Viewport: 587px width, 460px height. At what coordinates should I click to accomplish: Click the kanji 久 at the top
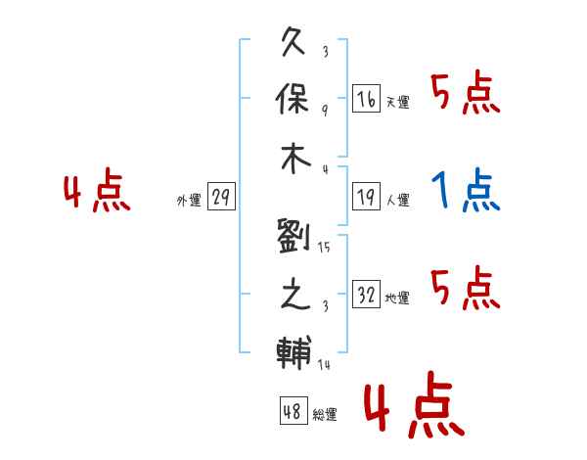click(x=293, y=41)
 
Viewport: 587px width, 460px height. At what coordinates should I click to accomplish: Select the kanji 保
click(x=293, y=99)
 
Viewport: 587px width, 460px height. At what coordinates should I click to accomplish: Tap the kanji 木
click(x=295, y=159)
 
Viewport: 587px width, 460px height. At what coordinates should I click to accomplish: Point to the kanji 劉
click(x=293, y=236)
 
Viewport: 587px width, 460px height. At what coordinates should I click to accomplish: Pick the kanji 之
click(x=295, y=294)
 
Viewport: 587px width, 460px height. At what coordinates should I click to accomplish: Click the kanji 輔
click(x=293, y=352)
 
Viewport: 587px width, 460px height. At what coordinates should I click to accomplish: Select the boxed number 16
click(x=366, y=99)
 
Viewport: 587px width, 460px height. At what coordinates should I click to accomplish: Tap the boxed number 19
click(x=366, y=197)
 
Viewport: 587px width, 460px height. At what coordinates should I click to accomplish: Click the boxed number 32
click(x=366, y=294)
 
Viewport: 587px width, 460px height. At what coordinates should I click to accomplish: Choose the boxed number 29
click(x=221, y=197)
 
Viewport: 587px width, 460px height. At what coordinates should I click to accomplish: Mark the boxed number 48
click(x=293, y=411)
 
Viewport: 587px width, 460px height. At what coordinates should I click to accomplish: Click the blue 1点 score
click(x=466, y=190)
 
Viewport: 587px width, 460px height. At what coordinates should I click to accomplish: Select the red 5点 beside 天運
click(x=466, y=92)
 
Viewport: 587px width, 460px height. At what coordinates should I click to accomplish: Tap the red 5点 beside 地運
click(x=466, y=288)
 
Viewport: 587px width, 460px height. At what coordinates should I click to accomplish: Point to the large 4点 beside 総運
click(x=414, y=404)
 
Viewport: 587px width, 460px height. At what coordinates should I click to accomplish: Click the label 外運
click(x=189, y=201)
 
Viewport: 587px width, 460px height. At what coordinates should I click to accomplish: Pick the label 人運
click(x=397, y=200)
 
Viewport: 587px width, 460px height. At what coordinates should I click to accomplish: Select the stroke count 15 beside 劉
click(x=324, y=248)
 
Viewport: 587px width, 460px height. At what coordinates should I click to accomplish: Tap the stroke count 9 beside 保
click(x=325, y=111)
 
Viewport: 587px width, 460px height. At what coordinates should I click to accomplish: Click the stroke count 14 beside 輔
click(x=324, y=364)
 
